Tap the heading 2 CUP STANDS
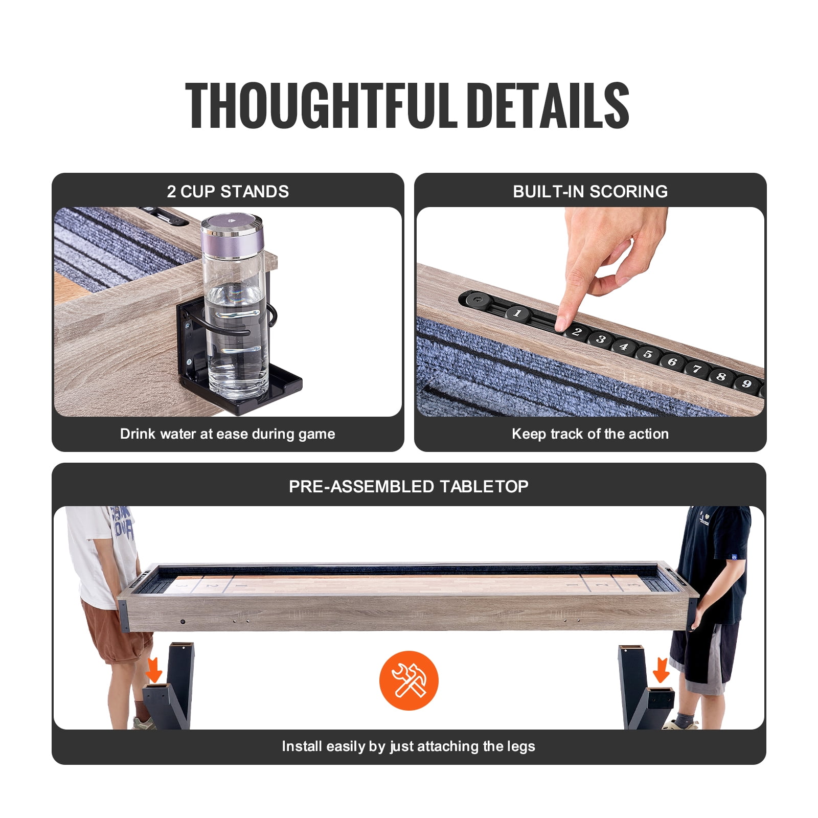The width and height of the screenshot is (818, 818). coord(228,191)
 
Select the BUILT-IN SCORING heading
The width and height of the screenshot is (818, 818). coord(590,191)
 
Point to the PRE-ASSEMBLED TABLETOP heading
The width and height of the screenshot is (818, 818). coord(408,486)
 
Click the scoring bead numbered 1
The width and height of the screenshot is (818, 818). coord(517,313)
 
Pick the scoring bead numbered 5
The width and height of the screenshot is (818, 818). coord(648,354)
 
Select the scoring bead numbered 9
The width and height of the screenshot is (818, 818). coord(746,383)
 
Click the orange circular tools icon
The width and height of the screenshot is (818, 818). coord(409,680)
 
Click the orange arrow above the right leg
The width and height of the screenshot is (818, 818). coord(661,670)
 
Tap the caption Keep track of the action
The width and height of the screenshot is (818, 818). coord(590,434)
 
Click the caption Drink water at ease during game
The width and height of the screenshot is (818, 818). coord(228,434)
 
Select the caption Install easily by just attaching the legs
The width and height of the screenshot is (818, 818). coord(408,746)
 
